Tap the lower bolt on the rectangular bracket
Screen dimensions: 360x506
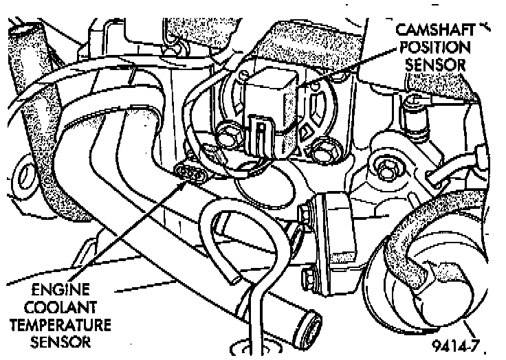pyautogui.click(x=307, y=278)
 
